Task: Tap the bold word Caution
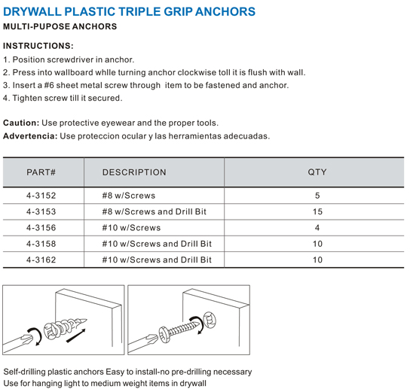coord(21,123)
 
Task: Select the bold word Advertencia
coord(30,135)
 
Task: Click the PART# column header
coord(41,172)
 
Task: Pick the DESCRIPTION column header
coord(134,172)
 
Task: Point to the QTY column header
coord(317,172)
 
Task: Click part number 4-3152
coord(41,196)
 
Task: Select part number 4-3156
coord(41,228)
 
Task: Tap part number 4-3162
coord(41,260)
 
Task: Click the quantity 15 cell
coord(317,211)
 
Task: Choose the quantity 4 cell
coord(317,228)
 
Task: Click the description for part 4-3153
coord(155,211)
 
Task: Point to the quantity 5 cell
coord(317,196)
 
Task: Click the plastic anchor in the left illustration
coord(64,327)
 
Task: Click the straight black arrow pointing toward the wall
coord(76,336)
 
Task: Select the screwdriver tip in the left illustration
coord(27,339)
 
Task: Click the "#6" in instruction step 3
coord(49,85)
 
